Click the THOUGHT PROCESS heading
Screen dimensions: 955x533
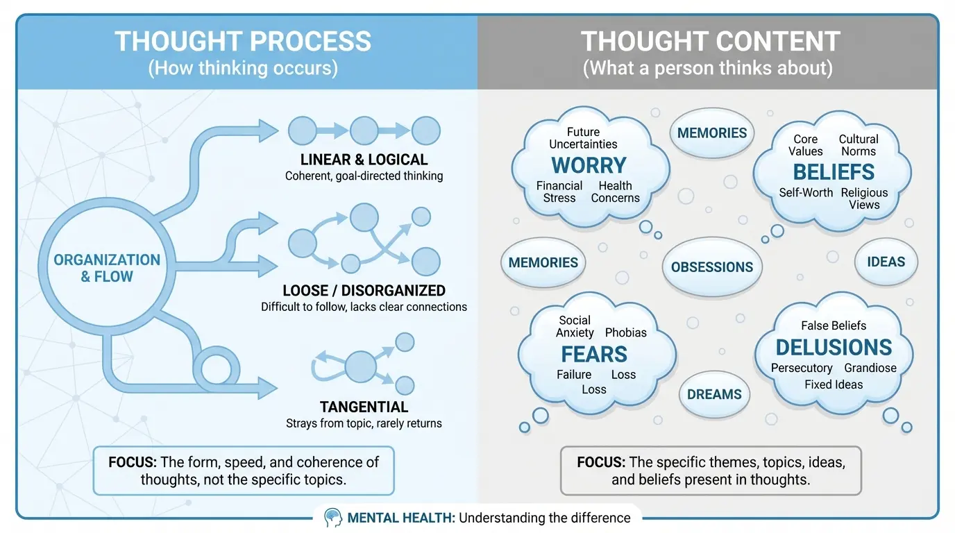pyautogui.click(x=243, y=42)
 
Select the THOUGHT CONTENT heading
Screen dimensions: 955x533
pyautogui.click(x=711, y=42)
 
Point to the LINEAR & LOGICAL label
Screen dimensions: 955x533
pyautogui.click(x=364, y=160)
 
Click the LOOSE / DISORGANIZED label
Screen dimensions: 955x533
pyautogui.click(x=364, y=290)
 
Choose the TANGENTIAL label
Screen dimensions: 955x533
pyautogui.click(x=364, y=407)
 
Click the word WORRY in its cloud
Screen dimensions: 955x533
pyautogui.click(x=589, y=165)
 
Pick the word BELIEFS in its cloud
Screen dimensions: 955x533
pyautogui.click(x=834, y=172)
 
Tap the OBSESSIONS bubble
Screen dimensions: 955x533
pyautogui.click(x=712, y=267)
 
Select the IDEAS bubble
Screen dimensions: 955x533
pyautogui.click(x=886, y=262)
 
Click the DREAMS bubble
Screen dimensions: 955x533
pyautogui.click(x=714, y=394)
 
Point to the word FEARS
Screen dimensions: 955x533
pyautogui.click(x=594, y=354)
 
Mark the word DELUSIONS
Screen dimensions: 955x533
pyautogui.click(x=834, y=347)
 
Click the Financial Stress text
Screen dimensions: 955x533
pyautogui.click(x=559, y=192)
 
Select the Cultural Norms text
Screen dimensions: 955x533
pyautogui.click(x=859, y=145)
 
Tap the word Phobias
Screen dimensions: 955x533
pyautogui.click(x=625, y=332)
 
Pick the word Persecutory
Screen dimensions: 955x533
pyautogui.click(x=802, y=368)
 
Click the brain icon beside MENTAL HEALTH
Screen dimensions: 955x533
pyautogui.click(x=332, y=517)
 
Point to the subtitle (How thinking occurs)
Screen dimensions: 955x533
pyautogui.click(x=243, y=68)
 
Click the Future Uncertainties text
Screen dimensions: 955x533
pyautogui.click(x=583, y=137)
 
